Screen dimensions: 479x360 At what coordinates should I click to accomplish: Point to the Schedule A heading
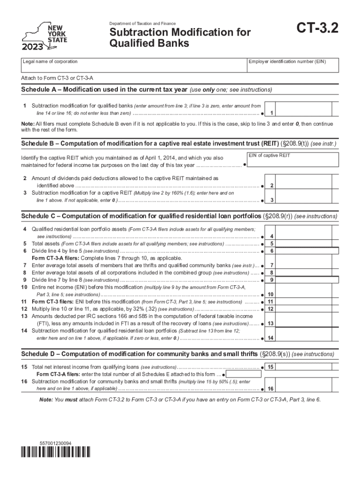click(105, 89)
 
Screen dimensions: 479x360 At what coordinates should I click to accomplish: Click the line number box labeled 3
click(272, 200)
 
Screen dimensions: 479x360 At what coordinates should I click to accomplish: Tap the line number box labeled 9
click(272, 280)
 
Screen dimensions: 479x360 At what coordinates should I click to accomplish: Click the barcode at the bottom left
click(56, 451)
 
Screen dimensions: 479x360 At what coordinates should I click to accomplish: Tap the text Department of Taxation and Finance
click(143, 23)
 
